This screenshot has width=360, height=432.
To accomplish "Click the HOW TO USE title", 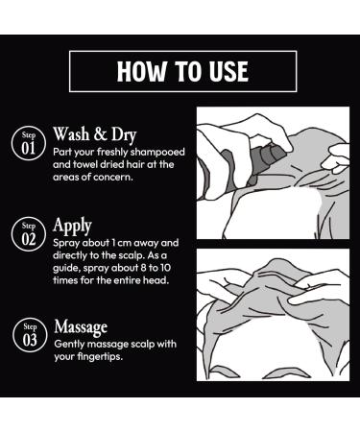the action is (182, 71).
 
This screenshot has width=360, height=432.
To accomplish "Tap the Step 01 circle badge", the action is (29, 143).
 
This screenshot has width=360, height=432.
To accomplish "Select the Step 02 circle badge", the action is (29, 234).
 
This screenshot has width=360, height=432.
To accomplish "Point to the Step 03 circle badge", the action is (30, 335).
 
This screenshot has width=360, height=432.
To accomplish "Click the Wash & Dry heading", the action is (95, 134).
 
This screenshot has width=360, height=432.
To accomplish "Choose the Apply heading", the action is (72, 226).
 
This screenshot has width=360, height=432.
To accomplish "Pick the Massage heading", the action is (81, 327).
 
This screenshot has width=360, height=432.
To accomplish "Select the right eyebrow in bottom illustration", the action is (289, 373).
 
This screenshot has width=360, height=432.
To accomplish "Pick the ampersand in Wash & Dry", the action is (101, 134).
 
